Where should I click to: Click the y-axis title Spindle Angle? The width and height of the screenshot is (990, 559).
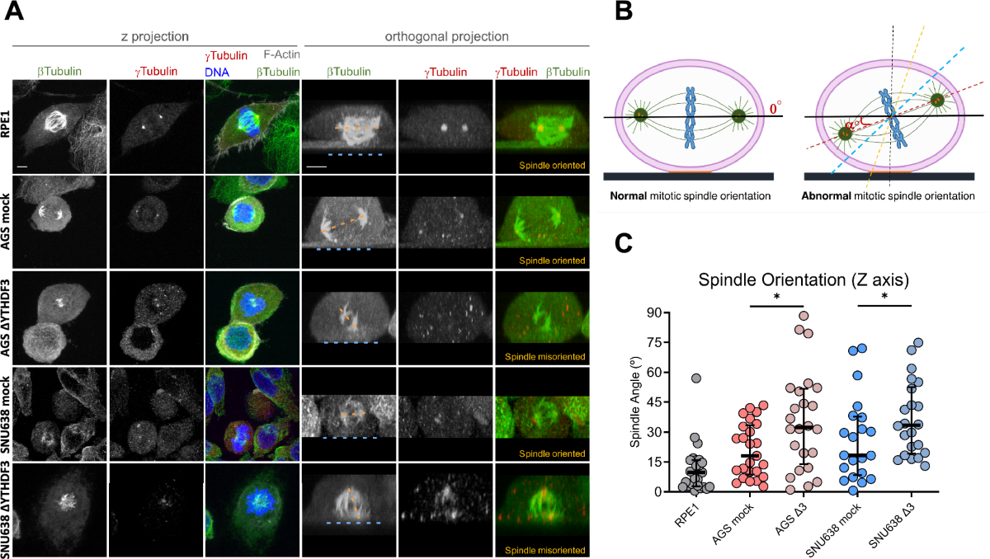(637, 402)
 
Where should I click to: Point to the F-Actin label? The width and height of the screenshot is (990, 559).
(280, 54)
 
